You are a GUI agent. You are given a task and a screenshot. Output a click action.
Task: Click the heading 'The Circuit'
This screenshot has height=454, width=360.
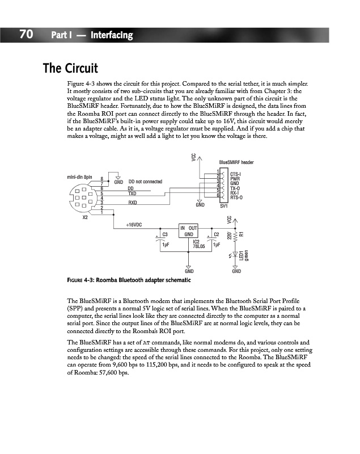pyautogui.click(x=71, y=69)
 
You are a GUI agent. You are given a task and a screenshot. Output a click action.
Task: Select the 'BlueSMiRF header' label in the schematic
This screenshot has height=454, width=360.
pyautogui.click(x=236, y=162)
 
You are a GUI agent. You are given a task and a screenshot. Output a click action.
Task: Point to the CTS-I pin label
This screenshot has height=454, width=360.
pyautogui.click(x=236, y=174)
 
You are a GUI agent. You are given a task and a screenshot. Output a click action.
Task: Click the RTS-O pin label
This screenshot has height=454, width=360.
pyautogui.click(x=237, y=197)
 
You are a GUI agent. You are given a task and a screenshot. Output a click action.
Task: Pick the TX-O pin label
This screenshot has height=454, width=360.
pyautogui.click(x=235, y=188)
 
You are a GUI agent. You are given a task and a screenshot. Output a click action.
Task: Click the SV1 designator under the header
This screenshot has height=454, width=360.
pyautogui.click(x=223, y=206)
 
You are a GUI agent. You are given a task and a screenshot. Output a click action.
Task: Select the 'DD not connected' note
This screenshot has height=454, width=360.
pyautogui.click(x=146, y=182)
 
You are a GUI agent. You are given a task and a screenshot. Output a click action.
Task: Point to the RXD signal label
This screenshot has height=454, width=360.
pyautogui.click(x=133, y=203)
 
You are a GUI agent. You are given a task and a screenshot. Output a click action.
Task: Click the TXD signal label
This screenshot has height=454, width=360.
pyautogui.click(x=133, y=194)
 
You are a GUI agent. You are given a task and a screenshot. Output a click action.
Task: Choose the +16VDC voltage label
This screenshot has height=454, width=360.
pyautogui.click(x=134, y=225)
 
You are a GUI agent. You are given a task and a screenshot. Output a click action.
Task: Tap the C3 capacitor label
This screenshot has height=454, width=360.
pyautogui.click(x=165, y=234)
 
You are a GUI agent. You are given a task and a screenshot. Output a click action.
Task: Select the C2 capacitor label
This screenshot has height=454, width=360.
pyautogui.click(x=217, y=234)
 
